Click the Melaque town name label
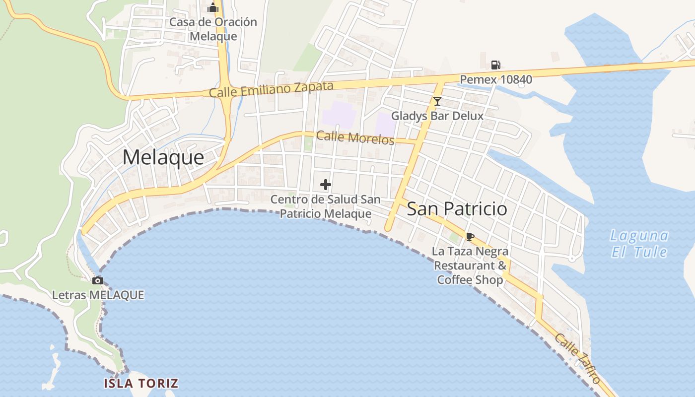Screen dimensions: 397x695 163,158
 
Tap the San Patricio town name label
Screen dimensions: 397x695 457,209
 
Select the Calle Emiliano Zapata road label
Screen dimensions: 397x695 271,89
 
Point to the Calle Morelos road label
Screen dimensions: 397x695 355,137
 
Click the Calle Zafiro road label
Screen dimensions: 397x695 577,358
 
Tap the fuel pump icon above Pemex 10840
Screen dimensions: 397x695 495,65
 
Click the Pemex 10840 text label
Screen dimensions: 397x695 496,79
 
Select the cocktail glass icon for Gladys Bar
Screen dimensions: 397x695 437,102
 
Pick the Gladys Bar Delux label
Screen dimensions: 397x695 437,116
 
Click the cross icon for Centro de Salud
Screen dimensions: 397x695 326,185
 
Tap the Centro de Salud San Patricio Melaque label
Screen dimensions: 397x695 326,206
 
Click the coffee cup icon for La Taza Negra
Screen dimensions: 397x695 470,237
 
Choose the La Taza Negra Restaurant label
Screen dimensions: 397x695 470,265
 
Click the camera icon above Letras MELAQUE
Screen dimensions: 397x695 98,281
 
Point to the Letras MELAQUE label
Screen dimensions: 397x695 98,295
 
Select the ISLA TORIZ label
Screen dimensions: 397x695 141,383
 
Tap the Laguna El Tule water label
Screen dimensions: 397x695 639,243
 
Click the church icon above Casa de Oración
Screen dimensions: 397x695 213,7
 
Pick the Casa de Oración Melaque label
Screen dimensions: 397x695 213,29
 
